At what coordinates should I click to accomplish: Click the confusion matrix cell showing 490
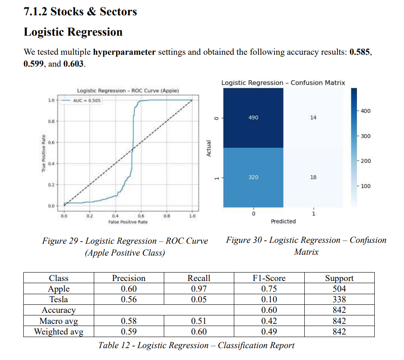(x=253, y=118)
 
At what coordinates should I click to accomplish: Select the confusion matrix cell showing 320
(x=253, y=177)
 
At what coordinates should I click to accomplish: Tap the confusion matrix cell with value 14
(x=313, y=118)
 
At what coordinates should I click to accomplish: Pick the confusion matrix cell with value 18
(x=313, y=177)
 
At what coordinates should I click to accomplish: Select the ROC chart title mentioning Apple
(x=128, y=90)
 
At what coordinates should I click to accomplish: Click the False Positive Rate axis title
(x=128, y=222)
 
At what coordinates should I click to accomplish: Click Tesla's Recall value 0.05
(x=199, y=300)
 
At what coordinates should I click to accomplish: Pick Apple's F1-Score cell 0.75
(x=269, y=289)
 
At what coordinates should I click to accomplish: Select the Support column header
(x=339, y=278)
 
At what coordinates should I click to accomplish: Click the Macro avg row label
(x=59, y=321)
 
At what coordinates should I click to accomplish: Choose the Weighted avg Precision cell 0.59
(x=129, y=332)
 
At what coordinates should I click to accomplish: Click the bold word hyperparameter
(x=124, y=53)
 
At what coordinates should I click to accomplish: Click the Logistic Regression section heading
(x=73, y=32)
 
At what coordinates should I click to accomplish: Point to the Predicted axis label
(x=283, y=221)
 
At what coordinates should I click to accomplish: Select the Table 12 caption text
(x=196, y=345)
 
